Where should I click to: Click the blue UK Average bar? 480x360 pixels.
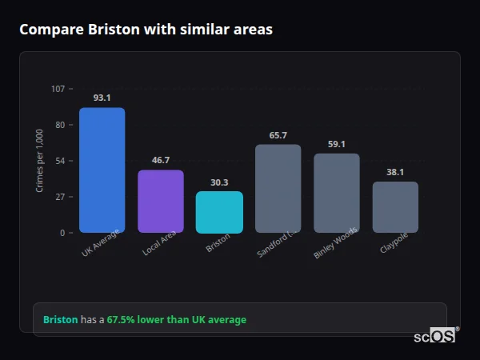(x=102, y=170)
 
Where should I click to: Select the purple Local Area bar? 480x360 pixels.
(x=161, y=201)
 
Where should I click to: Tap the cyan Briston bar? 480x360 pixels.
(x=219, y=212)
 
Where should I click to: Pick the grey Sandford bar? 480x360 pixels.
(x=278, y=188)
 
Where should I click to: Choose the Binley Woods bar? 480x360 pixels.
(x=336, y=193)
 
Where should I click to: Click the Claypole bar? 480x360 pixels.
(x=395, y=207)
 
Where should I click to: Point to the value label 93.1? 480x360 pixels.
(x=102, y=98)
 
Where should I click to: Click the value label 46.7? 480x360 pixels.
(x=161, y=160)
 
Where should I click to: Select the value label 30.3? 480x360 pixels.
(x=219, y=182)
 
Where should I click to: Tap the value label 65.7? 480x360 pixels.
(x=278, y=135)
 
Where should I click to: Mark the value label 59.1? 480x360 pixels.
(x=336, y=144)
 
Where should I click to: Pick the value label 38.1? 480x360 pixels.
(x=395, y=172)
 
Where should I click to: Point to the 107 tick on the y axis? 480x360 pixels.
(x=58, y=89)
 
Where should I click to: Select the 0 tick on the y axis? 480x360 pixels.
(x=62, y=233)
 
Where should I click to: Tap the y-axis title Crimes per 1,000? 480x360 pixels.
(x=40, y=161)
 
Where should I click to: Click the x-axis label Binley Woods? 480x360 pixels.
(x=336, y=246)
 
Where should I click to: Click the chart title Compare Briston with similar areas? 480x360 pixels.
(x=146, y=30)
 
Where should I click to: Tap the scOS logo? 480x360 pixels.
(x=435, y=336)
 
